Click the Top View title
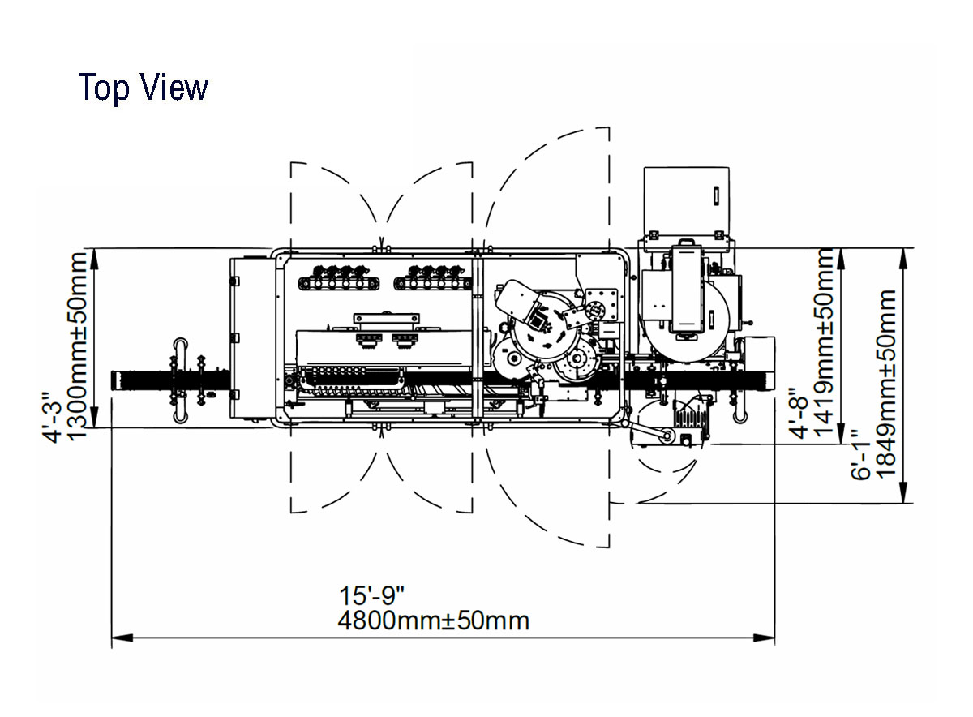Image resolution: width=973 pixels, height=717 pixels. pos(144,88)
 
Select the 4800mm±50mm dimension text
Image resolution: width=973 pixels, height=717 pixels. pos(434,621)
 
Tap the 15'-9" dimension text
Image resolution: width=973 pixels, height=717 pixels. pos(371,595)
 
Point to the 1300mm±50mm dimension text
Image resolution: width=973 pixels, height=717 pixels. pos(79,346)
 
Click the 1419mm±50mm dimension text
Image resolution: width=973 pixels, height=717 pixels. pos(824,343)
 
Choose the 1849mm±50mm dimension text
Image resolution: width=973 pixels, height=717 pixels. pos(886,384)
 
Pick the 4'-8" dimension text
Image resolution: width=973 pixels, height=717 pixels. pos(799,413)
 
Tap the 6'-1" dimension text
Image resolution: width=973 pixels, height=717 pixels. pos(861,454)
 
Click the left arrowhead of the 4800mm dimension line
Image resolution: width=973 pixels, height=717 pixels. pos(122,638)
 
